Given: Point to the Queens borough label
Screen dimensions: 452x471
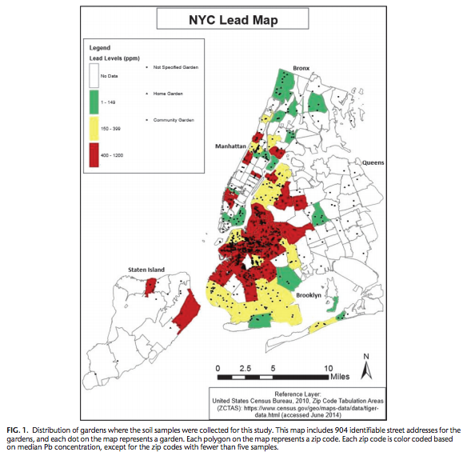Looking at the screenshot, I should [x=373, y=162].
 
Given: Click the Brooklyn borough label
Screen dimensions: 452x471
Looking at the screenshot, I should [x=309, y=295].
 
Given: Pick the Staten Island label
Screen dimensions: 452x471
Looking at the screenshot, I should [x=146, y=270].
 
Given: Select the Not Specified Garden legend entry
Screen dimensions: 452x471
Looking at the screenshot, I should [x=174, y=68].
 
